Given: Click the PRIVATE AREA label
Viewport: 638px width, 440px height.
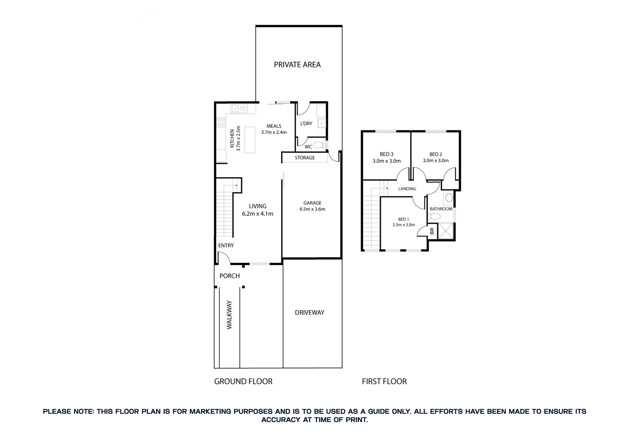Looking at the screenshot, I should click(297, 65).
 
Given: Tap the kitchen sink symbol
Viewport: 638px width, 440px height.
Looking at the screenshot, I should click(239, 109).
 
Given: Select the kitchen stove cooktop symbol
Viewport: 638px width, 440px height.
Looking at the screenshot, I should click(221, 123).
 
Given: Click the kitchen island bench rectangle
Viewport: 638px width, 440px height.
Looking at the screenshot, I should click(250, 140).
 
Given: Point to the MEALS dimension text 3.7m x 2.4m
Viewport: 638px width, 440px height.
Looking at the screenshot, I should click(274, 132).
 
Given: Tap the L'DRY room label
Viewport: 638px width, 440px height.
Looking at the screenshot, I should click(306, 124).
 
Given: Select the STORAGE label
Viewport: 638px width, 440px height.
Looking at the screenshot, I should click(304, 157).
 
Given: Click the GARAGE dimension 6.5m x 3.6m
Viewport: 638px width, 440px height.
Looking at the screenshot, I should click(312, 209).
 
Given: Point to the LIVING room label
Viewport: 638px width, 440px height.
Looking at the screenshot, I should click(257, 206).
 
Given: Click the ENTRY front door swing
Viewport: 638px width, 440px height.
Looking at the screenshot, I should click(224, 258).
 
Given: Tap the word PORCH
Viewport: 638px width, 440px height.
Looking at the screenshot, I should click(230, 276).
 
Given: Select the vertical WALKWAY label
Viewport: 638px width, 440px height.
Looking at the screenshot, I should click(229, 315).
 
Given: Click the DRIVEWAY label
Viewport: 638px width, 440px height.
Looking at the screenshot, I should click(309, 312).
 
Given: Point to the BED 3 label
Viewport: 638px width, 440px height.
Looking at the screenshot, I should click(386, 154).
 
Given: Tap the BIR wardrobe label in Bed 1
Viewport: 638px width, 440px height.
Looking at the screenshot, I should click(432, 231).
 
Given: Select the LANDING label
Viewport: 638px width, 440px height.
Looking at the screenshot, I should click(407, 189).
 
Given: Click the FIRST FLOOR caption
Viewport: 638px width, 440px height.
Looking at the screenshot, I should click(384, 381).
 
